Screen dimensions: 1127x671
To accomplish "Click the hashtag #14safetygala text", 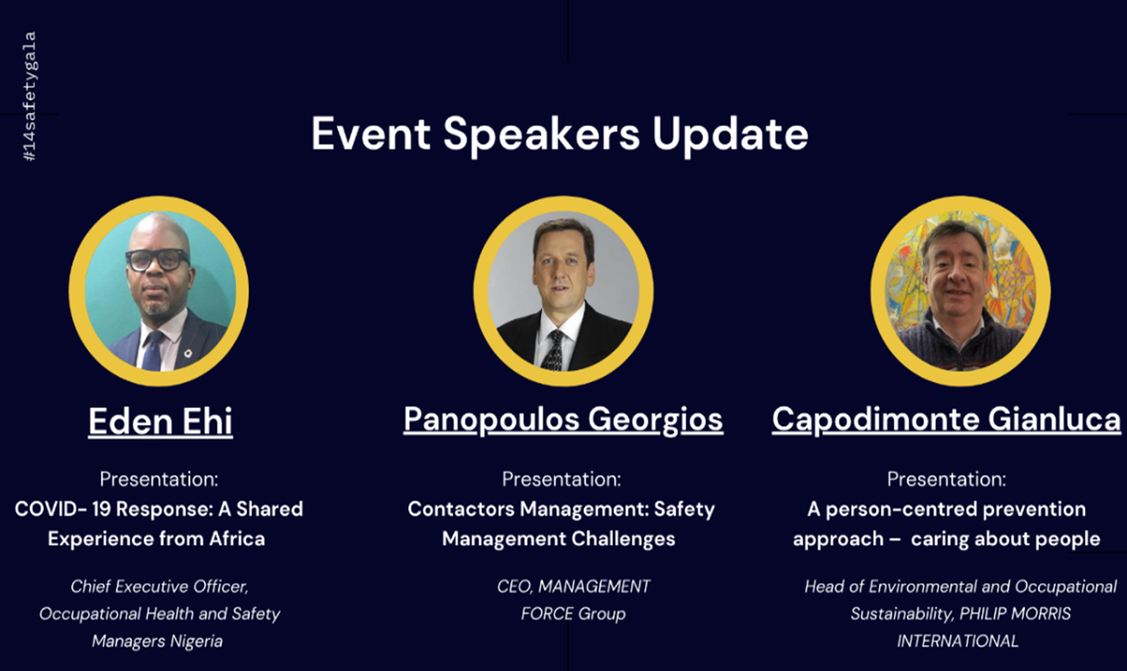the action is (30, 97).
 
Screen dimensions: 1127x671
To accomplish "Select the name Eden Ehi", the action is (160, 421).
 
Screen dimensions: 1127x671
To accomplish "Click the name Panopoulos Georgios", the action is (563, 419).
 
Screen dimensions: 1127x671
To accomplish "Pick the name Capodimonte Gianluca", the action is (947, 419).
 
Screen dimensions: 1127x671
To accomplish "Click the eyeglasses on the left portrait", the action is (158, 260).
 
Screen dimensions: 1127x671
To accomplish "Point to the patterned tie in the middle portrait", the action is (555, 351).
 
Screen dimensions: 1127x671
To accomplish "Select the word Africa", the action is (237, 539).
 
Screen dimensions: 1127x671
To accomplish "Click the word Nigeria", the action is (196, 641).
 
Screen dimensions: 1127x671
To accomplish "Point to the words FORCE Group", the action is (573, 614).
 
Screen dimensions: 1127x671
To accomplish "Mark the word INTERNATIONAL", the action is (958, 641).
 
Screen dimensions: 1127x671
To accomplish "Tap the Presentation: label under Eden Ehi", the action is (159, 480).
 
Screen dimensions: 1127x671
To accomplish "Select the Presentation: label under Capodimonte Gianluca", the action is (947, 480).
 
